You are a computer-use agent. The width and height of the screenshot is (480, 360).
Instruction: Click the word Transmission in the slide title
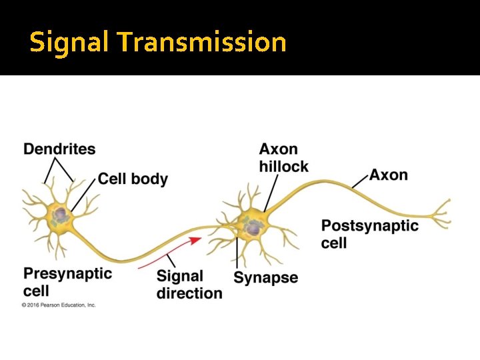(201, 42)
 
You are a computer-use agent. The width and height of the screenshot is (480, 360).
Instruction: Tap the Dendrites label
(59, 149)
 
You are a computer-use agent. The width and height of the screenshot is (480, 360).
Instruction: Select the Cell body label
(133, 179)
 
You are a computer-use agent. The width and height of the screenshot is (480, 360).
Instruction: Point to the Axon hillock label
(283, 157)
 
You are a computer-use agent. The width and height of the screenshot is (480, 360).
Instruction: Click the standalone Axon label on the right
(389, 175)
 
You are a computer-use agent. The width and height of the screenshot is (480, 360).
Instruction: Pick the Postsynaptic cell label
(369, 234)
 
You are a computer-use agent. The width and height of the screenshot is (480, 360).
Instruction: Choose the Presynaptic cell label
(67, 282)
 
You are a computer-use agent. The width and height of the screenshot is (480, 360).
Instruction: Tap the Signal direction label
(189, 285)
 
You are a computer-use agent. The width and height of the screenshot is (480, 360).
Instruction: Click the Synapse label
(265, 278)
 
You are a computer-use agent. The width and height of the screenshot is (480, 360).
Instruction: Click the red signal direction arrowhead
(196, 239)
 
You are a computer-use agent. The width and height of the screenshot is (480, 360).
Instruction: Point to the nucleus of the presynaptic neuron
(61, 215)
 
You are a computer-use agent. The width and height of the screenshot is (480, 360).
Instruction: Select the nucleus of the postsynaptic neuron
(253, 229)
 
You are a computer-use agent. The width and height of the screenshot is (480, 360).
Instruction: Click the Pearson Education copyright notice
(59, 305)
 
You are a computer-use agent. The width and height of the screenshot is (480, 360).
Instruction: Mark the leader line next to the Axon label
(360, 180)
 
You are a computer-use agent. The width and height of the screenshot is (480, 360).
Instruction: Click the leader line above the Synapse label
(237, 253)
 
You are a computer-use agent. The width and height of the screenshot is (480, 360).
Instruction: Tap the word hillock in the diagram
(283, 166)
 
